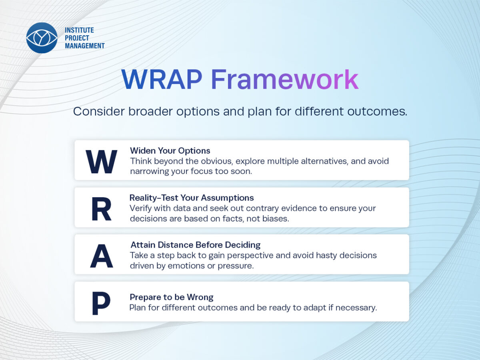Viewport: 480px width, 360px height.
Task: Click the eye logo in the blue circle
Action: pyautogui.click(x=42, y=38)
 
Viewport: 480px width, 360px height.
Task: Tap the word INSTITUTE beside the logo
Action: pyautogui.click(x=79, y=30)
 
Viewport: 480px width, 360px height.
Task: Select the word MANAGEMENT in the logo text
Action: pyautogui.click(x=85, y=46)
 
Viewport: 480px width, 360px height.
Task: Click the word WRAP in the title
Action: pyautogui.click(x=162, y=79)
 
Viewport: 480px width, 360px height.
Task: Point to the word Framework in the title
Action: pyautogui.click(x=285, y=79)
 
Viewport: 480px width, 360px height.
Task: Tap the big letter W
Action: pyautogui.click(x=101, y=162)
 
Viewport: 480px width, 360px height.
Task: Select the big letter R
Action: pyautogui.click(x=102, y=209)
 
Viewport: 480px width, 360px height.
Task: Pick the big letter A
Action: pyautogui.click(x=102, y=256)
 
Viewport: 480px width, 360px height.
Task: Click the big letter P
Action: pyautogui.click(x=101, y=303)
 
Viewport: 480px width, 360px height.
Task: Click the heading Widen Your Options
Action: pyautogui.click(x=170, y=151)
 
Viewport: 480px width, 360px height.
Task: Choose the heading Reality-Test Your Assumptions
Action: pyautogui.click(x=192, y=198)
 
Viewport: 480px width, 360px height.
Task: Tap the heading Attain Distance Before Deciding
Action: pyautogui.click(x=196, y=245)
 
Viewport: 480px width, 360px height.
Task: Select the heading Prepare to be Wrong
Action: pyautogui.click(x=172, y=297)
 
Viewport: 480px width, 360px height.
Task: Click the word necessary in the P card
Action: pyautogui.click(x=356, y=308)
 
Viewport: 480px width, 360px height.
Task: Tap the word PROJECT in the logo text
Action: pyautogui.click(x=77, y=38)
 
